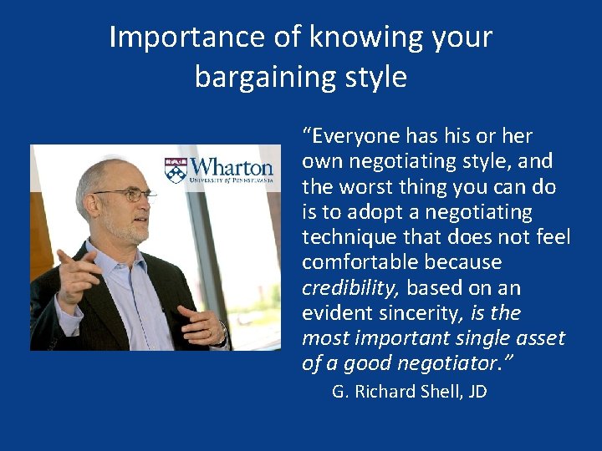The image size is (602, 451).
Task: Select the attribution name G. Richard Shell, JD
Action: point(409,391)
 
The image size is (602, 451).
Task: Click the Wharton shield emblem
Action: point(176,169)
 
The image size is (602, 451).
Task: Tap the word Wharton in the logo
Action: point(231,165)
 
